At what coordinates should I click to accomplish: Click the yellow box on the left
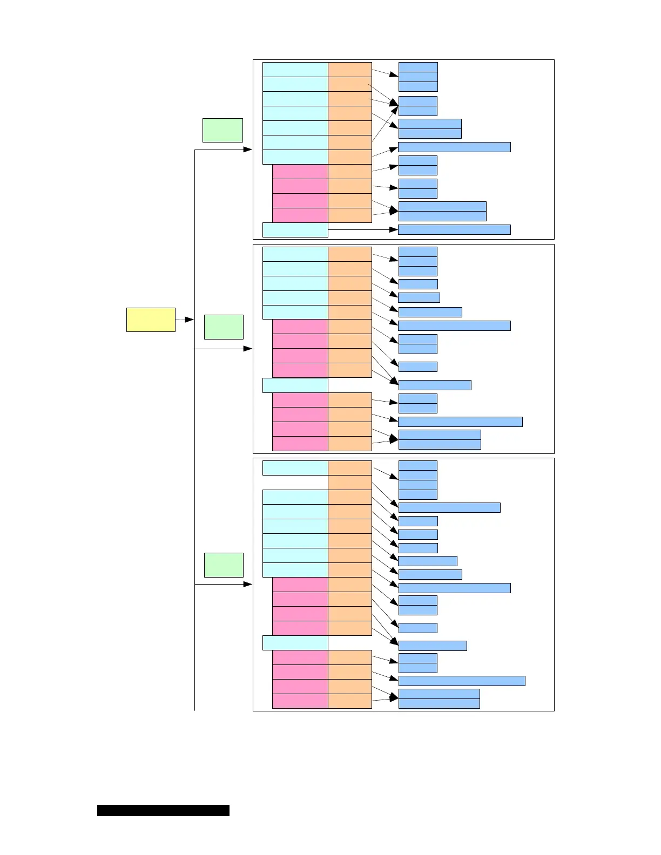pyautogui.click(x=151, y=320)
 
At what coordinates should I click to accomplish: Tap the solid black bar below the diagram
pyautogui.click(x=163, y=810)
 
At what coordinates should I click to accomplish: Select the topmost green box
pyautogui.click(x=222, y=130)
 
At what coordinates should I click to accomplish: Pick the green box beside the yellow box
pyautogui.click(x=224, y=327)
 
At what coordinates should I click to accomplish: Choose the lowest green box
pyautogui.click(x=224, y=565)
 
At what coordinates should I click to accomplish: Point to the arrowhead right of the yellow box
pyautogui.click(x=190, y=320)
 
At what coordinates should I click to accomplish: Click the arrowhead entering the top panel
pyautogui.click(x=248, y=149)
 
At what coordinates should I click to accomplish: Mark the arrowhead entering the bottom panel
pyautogui.click(x=248, y=584)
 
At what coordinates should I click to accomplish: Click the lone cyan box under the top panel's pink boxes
pyautogui.click(x=295, y=229)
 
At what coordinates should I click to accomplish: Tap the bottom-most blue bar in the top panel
pyautogui.click(x=454, y=229)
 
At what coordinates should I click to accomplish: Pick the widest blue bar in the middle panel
pyautogui.click(x=460, y=422)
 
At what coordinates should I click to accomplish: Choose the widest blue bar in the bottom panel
pyautogui.click(x=462, y=681)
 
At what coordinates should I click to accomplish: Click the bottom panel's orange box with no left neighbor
pyautogui.click(x=349, y=483)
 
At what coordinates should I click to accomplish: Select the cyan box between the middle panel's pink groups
pyautogui.click(x=295, y=385)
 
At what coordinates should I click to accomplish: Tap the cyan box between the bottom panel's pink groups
pyautogui.click(x=295, y=643)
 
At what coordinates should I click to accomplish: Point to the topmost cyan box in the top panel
pyautogui.click(x=295, y=70)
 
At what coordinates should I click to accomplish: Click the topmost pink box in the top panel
pyautogui.click(x=300, y=172)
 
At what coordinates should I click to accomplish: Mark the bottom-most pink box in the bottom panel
pyautogui.click(x=300, y=701)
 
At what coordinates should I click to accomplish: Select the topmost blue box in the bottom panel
pyautogui.click(x=417, y=465)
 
